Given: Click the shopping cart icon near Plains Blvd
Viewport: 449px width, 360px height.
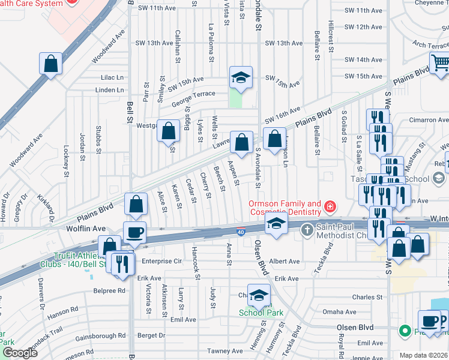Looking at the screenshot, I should tap(440, 62).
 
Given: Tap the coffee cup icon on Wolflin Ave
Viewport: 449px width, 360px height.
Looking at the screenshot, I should tap(134, 232).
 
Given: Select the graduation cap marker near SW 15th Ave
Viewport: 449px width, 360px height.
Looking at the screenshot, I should tap(241, 77).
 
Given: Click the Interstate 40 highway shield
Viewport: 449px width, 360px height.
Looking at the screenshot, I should tap(240, 232).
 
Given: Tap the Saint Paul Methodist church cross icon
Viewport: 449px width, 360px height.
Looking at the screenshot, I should tap(307, 229).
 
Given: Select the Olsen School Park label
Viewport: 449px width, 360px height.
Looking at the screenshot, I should tap(261, 312).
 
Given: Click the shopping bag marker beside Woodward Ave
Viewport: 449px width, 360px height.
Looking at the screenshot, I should tap(51, 63).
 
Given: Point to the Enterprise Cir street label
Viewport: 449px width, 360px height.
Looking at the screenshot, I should tap(161, 262).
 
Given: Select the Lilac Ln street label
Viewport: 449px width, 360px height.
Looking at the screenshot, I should tap(112, 77).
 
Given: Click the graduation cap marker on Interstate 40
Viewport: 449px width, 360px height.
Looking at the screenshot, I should tap(275, 226).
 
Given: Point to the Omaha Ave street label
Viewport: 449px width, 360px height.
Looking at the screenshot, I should tap(339, 312).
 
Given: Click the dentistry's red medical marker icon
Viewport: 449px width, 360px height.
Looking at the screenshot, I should tap(330, 208).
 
